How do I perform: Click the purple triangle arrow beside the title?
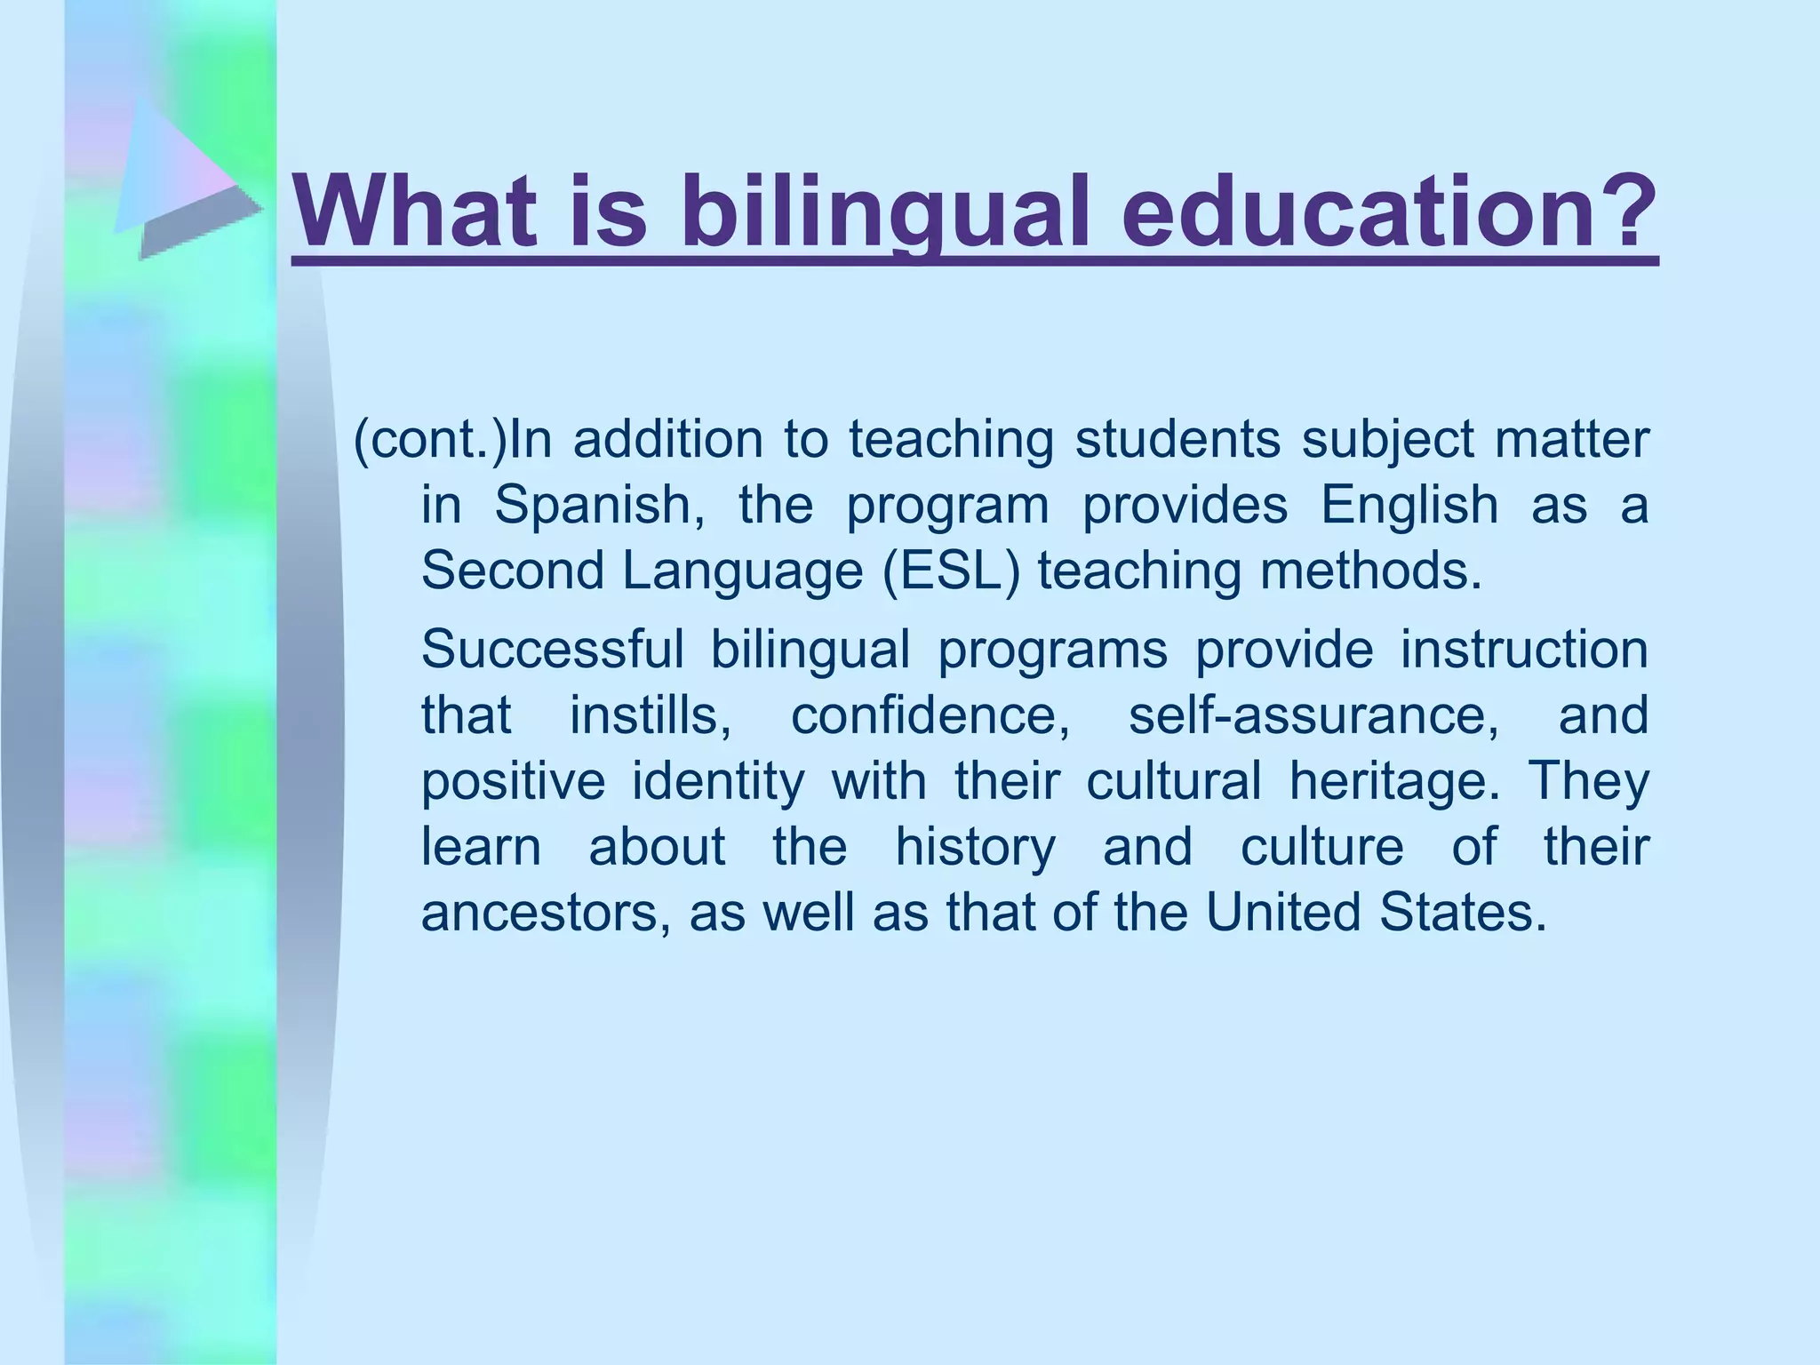click(182, 178)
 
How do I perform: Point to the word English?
click(1409, 506)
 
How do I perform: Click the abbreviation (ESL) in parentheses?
click(952, 571)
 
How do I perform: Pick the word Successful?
click(552, 649)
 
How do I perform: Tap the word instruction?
click(1524, 649)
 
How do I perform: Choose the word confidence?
click(930, 714)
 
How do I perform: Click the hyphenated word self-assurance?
click(1313, 714)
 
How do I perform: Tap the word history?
click(975, 846)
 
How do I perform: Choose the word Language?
click(742, 571)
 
